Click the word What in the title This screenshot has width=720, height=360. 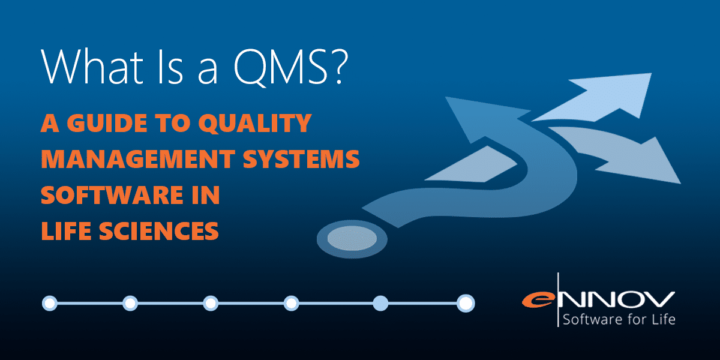[92, 67]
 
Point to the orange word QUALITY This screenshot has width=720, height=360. [255, 124]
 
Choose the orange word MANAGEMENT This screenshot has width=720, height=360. [138, 159]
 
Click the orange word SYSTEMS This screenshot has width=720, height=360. [301, 159]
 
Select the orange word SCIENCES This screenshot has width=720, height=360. [159, 231]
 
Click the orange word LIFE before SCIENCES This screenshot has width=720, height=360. [66, 231]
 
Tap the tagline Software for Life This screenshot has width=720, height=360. [619, 319]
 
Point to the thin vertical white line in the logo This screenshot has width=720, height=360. [557, 299]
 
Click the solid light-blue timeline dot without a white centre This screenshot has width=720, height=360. [380, 304]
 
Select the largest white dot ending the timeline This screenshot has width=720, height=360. [466, 303]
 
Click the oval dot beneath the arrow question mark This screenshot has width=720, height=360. [352, 239]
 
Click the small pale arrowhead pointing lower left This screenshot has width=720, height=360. [473, 166]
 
